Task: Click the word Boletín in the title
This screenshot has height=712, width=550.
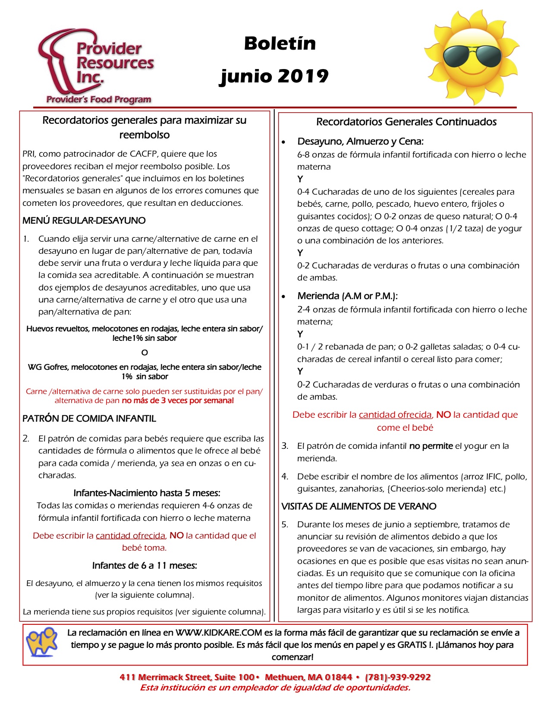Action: point(280,44)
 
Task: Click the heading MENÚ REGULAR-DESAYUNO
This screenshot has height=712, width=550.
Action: point(84,221)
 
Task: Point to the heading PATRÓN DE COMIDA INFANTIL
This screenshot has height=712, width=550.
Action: point(89,419)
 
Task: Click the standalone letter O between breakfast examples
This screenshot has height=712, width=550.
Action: point(145,353)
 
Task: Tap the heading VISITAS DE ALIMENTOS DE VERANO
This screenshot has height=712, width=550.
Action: point(359,506)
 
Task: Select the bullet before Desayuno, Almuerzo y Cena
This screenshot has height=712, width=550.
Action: point(283,142)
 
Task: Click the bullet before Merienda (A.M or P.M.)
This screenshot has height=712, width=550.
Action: point(283,296)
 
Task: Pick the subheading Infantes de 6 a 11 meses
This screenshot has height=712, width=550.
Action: point(145,565)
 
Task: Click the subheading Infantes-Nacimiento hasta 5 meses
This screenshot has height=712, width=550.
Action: point(147,493)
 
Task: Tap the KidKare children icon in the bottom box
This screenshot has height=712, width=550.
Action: point(42,642)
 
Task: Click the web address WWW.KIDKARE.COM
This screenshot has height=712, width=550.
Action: point(219,633)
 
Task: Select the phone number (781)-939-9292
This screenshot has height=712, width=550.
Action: point(398,677)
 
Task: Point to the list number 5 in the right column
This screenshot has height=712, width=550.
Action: point(285,525)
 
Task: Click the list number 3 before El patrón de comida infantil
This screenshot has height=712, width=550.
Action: point(285,446)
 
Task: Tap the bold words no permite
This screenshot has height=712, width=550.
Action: point(431,446)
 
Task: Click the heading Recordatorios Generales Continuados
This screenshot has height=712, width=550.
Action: point(406,122)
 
